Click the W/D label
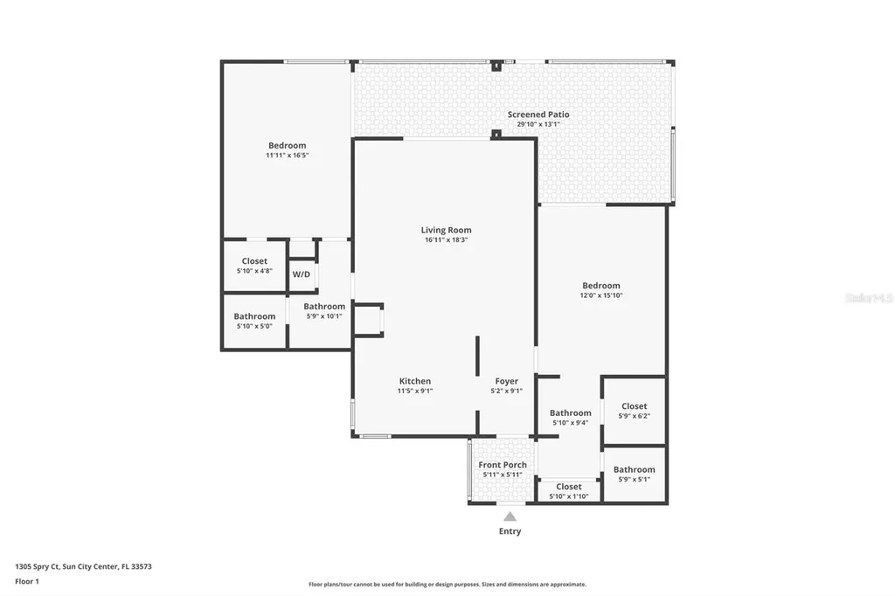(x=301, y=274)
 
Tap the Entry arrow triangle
(x=510, y=516)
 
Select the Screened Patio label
(x=538, y=114)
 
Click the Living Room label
(x=446, y=230)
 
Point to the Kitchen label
(x=414, y=381)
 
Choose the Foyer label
(x=506, y=381)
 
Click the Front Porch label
(x=503, y=465)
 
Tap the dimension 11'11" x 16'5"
(x=287, y=155)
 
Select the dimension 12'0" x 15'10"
(x=601, y=295)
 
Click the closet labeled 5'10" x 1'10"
(x=568, y=491)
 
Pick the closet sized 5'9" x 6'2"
(x=635, y=411)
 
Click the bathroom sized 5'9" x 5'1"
(x=634, y=475)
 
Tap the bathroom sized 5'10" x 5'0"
(x=254, y=321)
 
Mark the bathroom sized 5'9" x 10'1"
(x=324, y=311)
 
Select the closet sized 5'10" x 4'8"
(x=254, y=266)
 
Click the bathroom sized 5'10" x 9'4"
(x=570, y=418)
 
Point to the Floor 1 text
(x=27, y=580)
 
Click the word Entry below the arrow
(x=510, y=531)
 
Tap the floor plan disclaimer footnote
(x=447, y=584)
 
